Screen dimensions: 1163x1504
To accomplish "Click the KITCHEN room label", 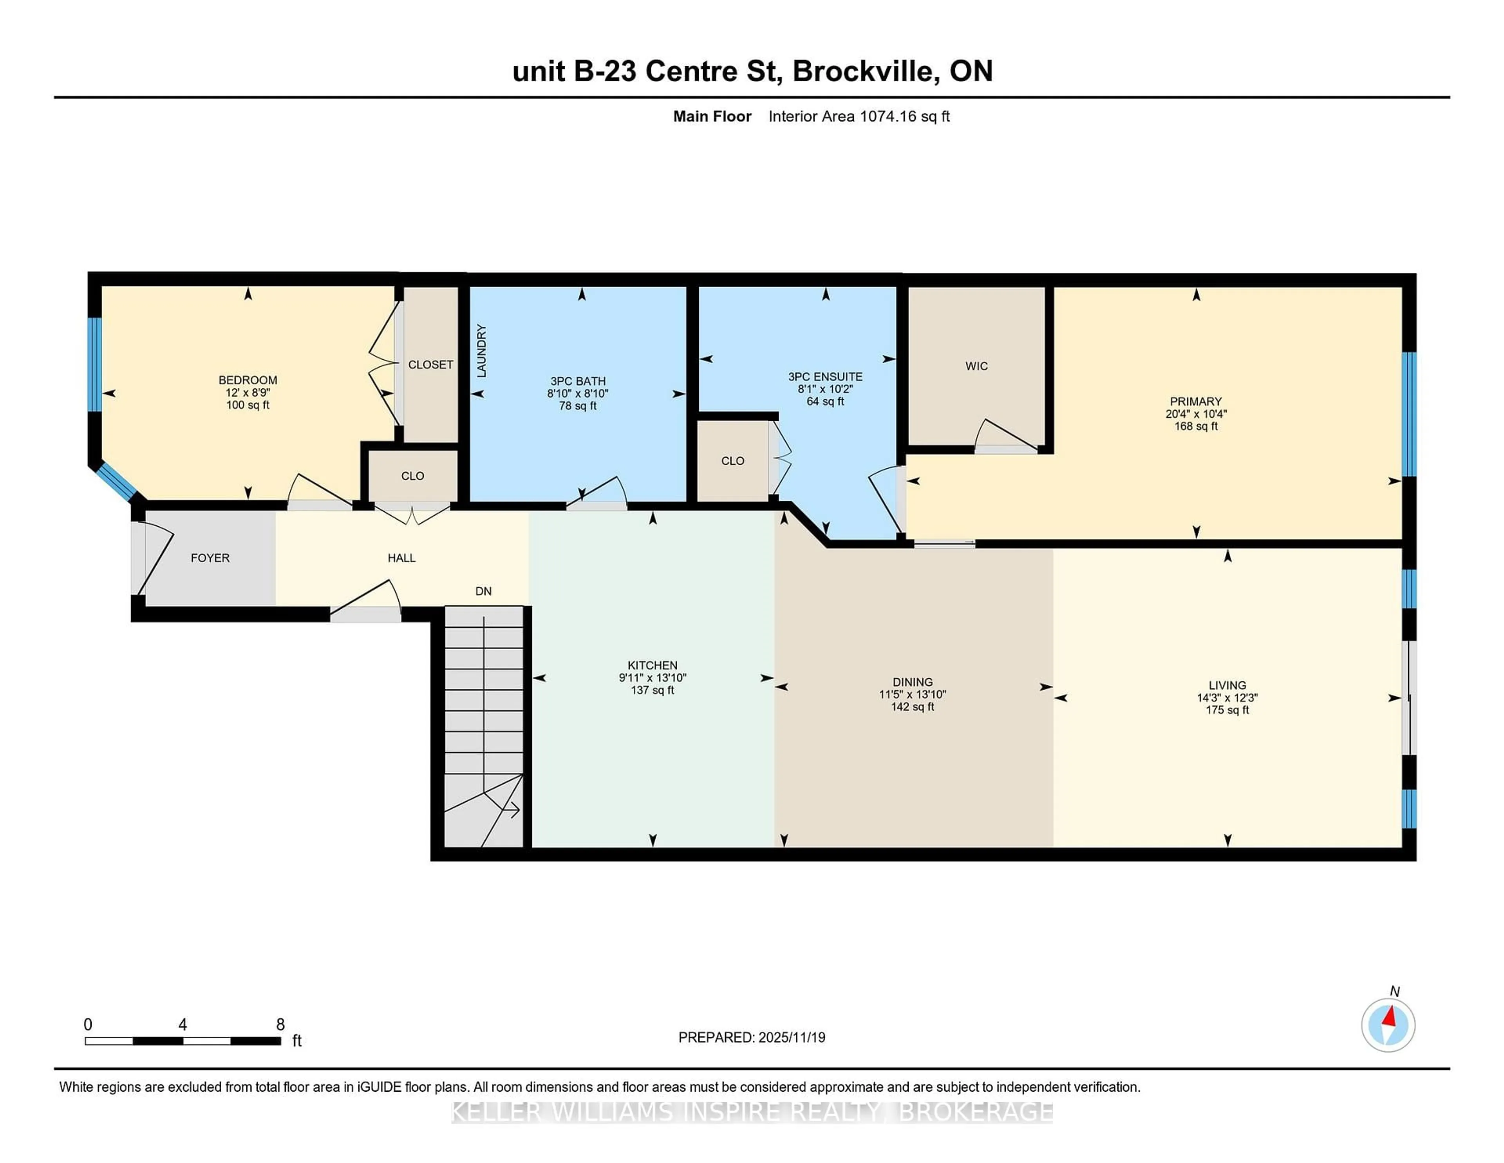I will pyautogui.click(x=652, y=665).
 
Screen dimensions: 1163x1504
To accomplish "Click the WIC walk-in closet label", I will pyautogui.click(x=976, y=366).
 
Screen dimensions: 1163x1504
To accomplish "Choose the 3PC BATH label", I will pyautogui.click(x=578, y=381).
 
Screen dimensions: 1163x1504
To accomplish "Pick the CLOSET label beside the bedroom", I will pyautogui.click(x=430, y=364).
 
